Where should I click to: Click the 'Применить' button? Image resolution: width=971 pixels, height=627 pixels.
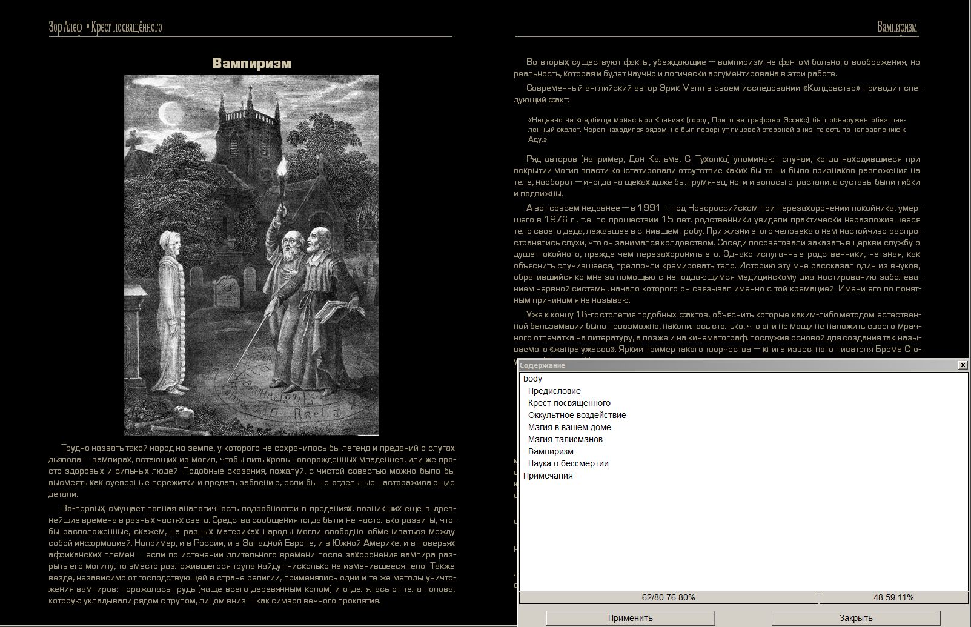point(630,618)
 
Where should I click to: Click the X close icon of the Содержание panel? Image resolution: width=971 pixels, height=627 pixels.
point(963,365)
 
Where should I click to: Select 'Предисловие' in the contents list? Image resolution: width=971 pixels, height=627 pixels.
point(554,391)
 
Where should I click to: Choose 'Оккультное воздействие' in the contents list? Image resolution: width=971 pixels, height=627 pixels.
point(577,415)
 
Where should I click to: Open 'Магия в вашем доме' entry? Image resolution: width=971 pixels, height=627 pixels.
point(569,427)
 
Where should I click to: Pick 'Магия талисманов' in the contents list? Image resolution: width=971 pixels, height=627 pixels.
point(565,439)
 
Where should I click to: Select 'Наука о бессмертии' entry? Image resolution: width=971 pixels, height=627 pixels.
point(568,463)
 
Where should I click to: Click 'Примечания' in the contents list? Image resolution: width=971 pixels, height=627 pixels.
point(548,476)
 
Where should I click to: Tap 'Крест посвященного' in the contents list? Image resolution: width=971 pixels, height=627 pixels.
point(569,403)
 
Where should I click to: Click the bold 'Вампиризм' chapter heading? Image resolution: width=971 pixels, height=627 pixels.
point(251,63)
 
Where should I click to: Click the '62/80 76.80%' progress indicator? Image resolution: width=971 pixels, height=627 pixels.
point(668,598)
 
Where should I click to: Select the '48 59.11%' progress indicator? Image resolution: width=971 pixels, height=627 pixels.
point(893,598)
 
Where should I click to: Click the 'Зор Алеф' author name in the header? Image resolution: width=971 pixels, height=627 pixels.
point(65,27)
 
